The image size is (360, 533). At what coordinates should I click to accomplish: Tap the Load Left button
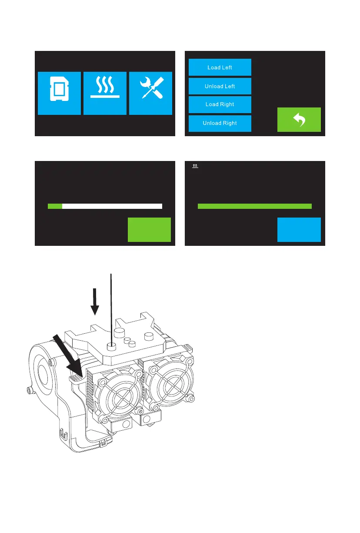[x=220, y=67]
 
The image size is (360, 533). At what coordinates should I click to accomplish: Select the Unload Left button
[x=220, y=86]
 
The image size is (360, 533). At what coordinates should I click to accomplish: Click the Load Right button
[x=220, y=104]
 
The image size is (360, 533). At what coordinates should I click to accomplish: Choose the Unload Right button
[x=220, y=123]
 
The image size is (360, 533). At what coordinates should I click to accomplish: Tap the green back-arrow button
[x=299, y=120]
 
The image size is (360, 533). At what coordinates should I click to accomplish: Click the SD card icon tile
[x=59, y=93]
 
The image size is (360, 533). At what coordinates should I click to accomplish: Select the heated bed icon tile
[x=105, y=93]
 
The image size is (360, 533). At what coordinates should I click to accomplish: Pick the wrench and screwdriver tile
[x=151, y=93]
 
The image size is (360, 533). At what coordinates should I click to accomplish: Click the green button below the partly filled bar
[x=149, y=229]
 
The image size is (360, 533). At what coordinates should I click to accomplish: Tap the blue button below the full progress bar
[x=299, y=229]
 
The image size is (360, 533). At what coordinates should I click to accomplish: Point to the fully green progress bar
[x=254, y=206]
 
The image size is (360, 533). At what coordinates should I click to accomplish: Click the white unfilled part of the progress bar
[x=112, y=206]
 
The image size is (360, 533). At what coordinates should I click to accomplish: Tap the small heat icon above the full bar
[x=196, y=166]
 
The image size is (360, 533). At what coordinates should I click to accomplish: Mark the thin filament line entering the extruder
[x=112, y=305]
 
